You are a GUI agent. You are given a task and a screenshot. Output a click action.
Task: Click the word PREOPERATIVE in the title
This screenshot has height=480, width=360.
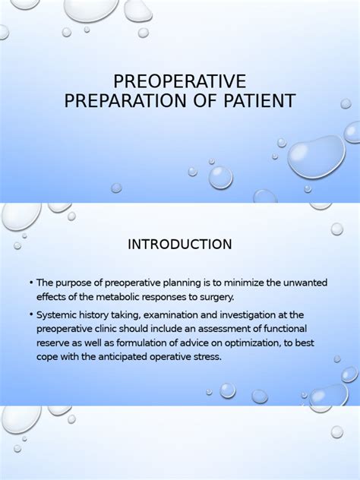179,81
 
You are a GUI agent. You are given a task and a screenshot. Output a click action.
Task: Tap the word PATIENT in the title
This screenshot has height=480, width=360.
257,100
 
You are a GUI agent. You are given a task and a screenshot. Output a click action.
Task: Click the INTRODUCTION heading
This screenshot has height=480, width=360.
179,245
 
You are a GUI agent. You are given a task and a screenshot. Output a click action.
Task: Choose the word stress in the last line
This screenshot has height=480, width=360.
206,357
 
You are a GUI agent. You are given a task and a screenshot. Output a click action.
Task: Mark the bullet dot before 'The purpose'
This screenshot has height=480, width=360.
30,283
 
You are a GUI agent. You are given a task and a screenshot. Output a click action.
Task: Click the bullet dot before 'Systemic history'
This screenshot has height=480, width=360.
30,314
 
